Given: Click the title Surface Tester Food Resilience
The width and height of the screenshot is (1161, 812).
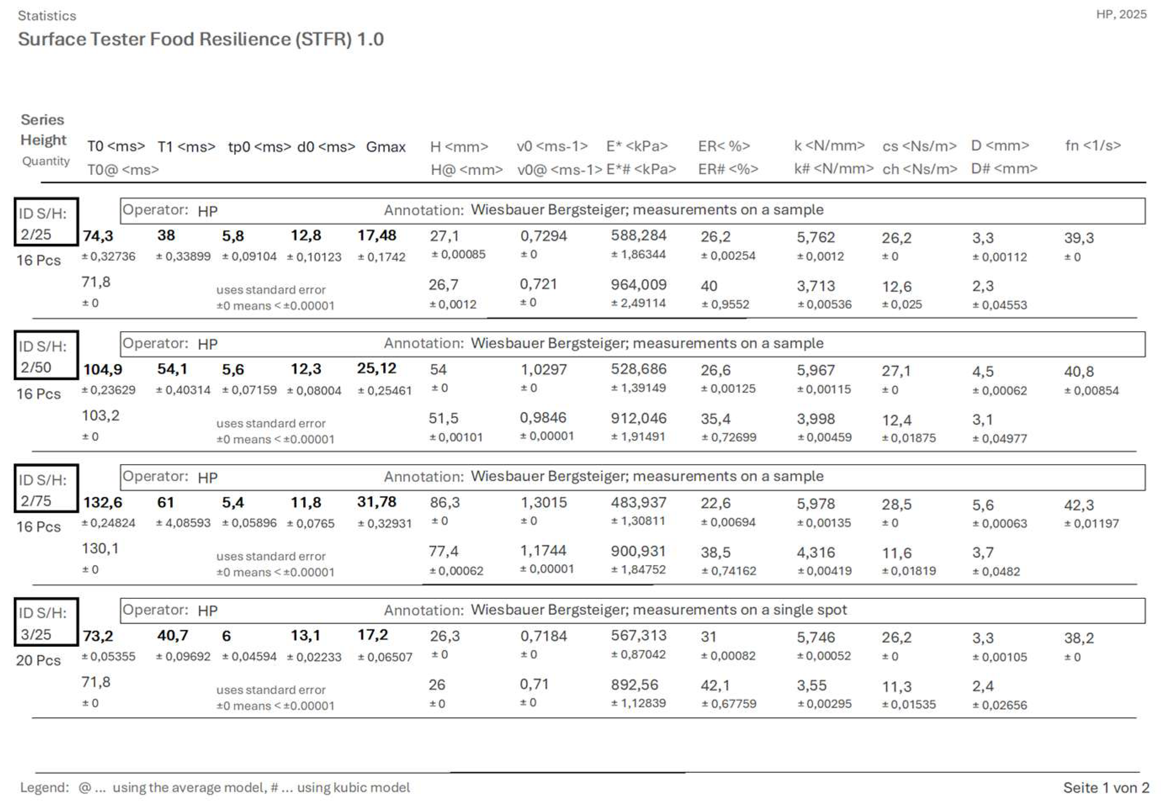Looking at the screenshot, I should (200, 40).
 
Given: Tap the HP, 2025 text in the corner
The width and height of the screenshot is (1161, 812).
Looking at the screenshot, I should (1121, 14).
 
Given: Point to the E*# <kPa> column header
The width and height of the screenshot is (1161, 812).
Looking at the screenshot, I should (641, 169).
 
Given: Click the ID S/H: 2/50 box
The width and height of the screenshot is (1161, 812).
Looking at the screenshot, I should (45, 355).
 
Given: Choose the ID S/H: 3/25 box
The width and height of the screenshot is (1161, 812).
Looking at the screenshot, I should (45, 622).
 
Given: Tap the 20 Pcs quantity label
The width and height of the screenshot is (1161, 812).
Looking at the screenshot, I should (38, 660).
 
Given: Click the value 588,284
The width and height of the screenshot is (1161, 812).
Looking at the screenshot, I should (638, 235).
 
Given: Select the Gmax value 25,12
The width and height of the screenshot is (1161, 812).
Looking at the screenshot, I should (376, 369).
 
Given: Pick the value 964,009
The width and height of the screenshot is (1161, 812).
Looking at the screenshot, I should (638, 285).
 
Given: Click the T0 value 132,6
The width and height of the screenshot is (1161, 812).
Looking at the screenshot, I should (103, 503).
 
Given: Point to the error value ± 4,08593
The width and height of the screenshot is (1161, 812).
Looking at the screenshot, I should (183, 523).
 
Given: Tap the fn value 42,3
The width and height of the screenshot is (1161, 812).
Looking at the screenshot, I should (1079, 505).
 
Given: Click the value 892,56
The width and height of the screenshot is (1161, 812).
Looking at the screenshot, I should (634, 685).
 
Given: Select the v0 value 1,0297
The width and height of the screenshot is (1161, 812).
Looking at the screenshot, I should (544, 370).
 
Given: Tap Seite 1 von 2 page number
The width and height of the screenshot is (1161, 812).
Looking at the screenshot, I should (1105, 787).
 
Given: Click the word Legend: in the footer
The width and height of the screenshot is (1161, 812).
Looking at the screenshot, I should (45, 787).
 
